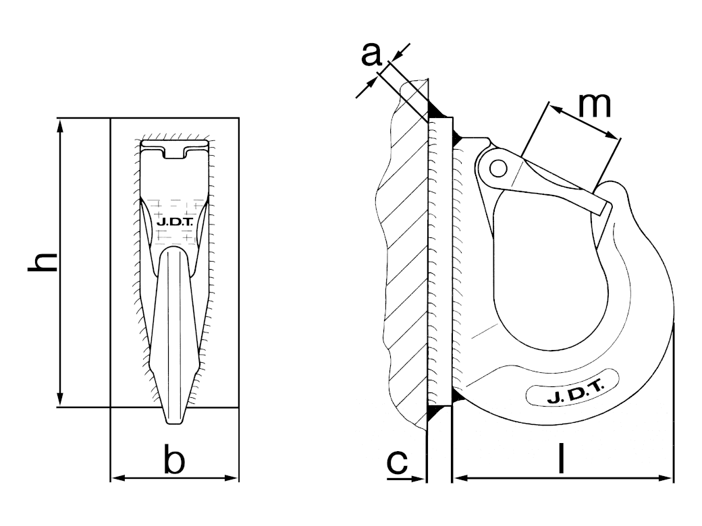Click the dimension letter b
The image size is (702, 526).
(174, 459)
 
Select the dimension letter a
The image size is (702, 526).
(371, 55)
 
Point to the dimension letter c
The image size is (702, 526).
(398, 463)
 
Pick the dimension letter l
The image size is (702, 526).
(561, 458)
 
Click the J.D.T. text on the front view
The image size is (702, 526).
(174, 221)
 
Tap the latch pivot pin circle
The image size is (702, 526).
(498, 169)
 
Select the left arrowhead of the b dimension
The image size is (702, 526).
(118, 478)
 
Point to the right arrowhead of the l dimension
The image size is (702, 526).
(666, 478)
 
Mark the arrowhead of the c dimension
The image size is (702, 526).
(417, 479)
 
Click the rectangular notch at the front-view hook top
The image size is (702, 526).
(174, 152)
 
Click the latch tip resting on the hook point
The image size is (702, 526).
(603, 207)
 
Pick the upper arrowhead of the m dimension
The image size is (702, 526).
(555, 109)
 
